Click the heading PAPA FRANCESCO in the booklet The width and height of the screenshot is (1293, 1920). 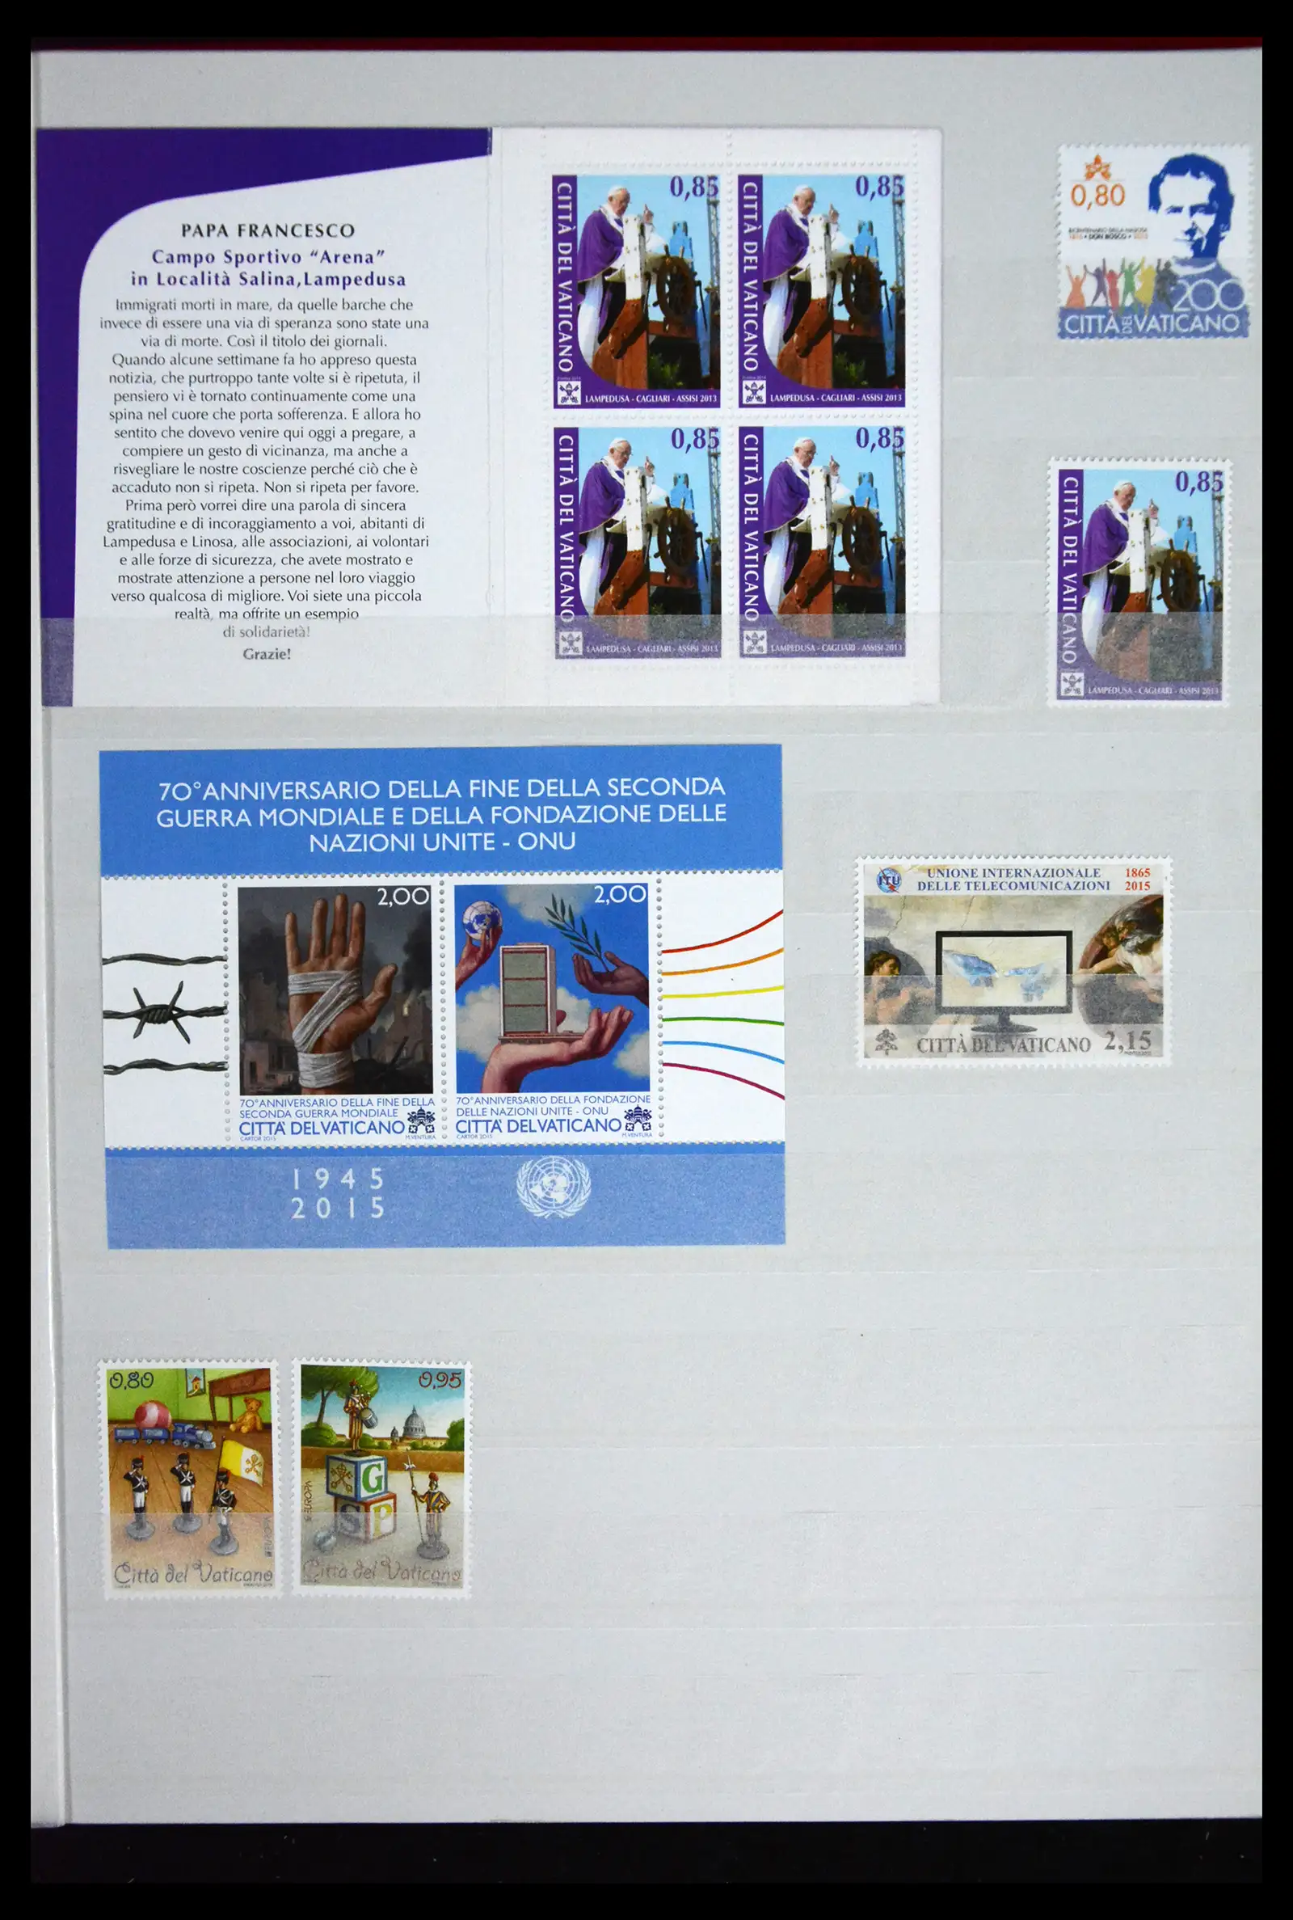268,231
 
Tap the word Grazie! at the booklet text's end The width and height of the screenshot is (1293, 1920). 267,654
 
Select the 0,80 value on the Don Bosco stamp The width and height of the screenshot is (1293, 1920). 1097,196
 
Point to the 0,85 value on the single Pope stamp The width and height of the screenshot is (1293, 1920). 1199,482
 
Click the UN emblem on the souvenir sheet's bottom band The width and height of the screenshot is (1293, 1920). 554,1188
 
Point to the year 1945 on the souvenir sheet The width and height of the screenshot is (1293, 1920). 339,1179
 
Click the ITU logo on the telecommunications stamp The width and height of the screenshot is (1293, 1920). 889,880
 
